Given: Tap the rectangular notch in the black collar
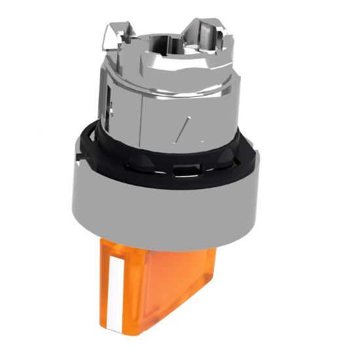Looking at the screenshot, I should (x=186, y=171).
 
